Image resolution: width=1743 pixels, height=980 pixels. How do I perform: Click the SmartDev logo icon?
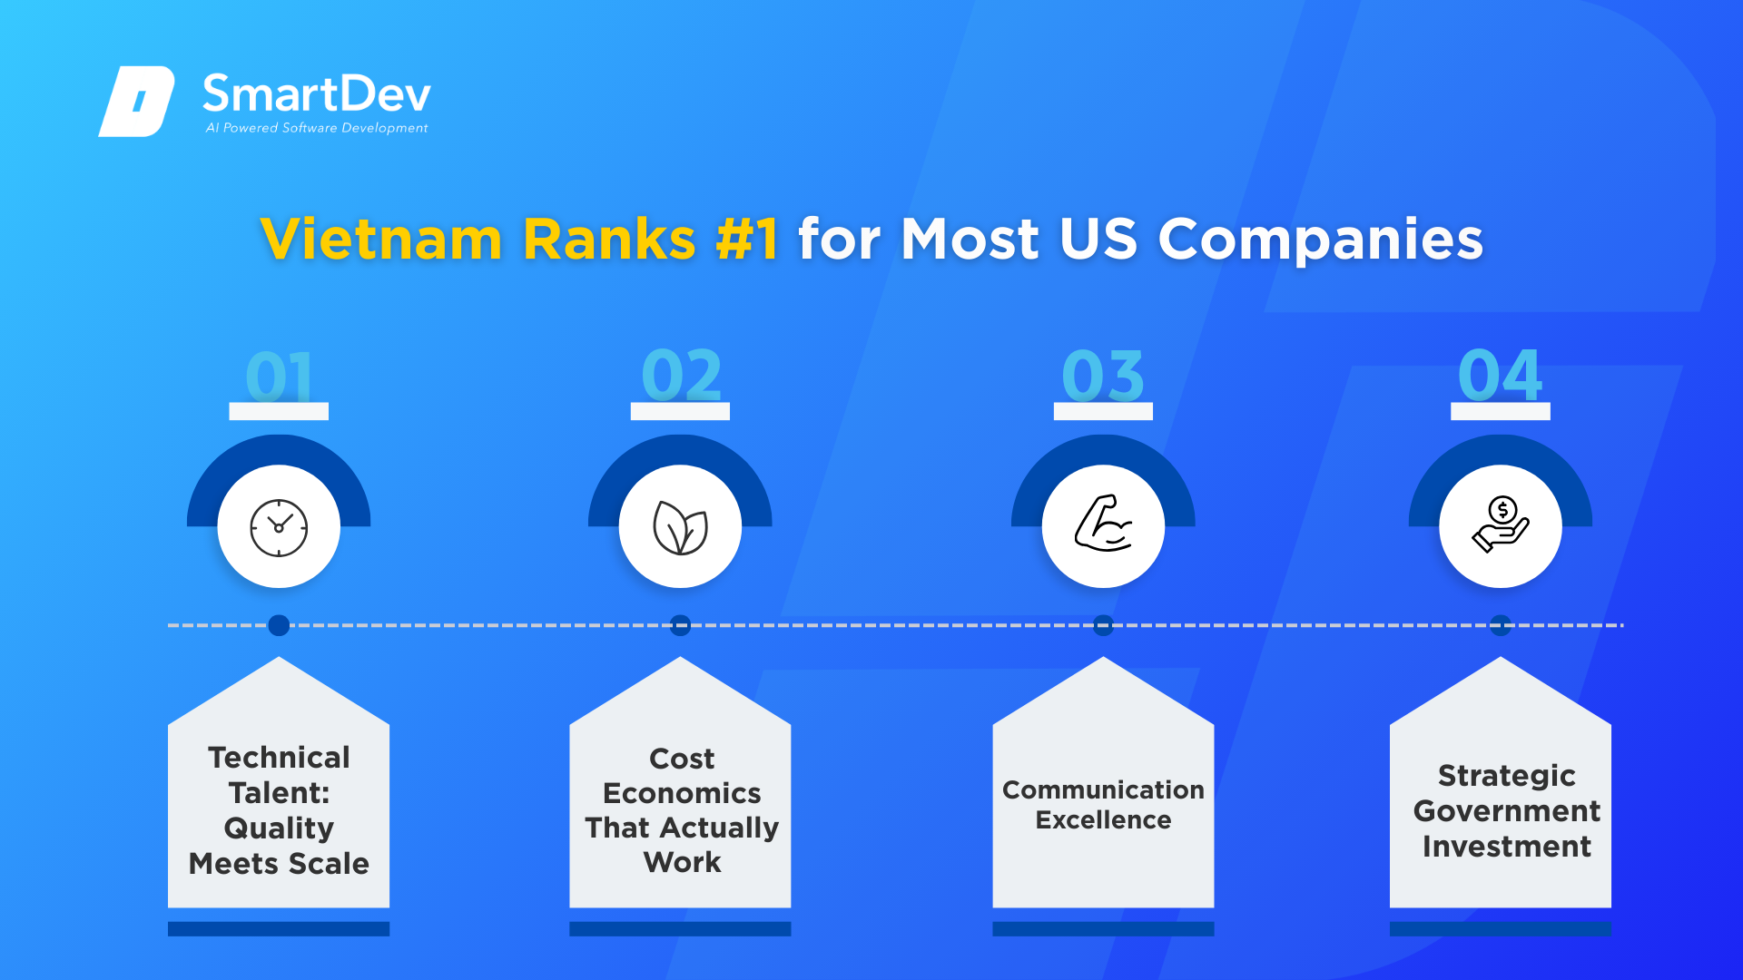[x=136, y=101]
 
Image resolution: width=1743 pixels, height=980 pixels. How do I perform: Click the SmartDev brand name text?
[x=316, y=93]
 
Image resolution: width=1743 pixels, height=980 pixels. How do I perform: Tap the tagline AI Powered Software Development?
[x=317, y=128]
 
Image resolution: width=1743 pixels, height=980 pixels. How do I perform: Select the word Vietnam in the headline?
[x=381, y=240]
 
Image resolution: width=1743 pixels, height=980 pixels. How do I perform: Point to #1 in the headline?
[x=746, y=240]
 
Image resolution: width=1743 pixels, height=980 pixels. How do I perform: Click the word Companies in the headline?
[x=1320, y=240]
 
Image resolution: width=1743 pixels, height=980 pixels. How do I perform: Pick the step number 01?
[x=279, y=376]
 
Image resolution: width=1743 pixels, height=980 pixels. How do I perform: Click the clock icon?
[x=279, y=527]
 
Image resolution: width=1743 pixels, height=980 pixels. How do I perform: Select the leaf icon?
[x=680, y=527]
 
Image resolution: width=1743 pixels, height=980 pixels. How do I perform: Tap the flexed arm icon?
[x=1103, y=524]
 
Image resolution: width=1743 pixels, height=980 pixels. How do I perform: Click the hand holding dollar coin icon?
[x=1501, y=524]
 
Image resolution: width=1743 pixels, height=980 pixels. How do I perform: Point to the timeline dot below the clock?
[x=279, y=625]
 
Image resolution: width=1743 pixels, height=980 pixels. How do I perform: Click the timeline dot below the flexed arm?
[x=1103, y=625]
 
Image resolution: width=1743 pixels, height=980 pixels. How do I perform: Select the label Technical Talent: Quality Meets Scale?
[x=279, y=810]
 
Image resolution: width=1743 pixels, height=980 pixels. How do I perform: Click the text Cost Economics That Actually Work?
[x=682, y=810]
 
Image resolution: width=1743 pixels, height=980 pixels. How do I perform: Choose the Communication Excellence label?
[x=1103, y=805]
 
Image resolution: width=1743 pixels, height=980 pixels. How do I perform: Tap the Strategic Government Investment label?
[x=1507, y=811]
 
